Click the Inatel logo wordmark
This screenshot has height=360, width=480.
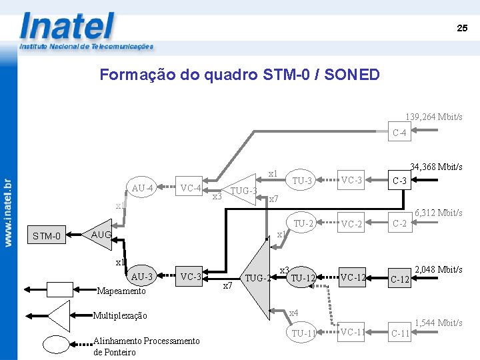coord(67,27)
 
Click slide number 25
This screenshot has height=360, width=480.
coord(462,28)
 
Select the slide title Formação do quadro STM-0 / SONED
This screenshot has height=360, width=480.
coord(239,75)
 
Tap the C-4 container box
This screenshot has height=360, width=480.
coord(400,133)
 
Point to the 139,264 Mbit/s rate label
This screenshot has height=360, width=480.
coord(434,117)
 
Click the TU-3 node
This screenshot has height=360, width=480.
coord(302,181)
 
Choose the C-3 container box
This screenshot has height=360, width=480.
coord(400,181)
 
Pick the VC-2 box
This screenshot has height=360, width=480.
coord(351,224)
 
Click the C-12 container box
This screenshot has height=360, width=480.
coord(400,279)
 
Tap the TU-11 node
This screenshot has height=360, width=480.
coord(303,333)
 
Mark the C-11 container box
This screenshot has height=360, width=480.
coord(400,333)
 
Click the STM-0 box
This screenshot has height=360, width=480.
coord(47,235)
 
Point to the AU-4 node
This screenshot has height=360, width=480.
coord(143,188)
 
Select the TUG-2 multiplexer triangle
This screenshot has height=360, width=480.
coord(257,277)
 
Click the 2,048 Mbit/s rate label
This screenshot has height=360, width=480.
coord(439,269)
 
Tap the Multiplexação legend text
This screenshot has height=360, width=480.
coord(120,315)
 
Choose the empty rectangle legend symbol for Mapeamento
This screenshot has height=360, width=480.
coord(59,289)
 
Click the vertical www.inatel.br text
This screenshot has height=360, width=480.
coord(9,213)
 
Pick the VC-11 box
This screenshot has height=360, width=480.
coord(351,331)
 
